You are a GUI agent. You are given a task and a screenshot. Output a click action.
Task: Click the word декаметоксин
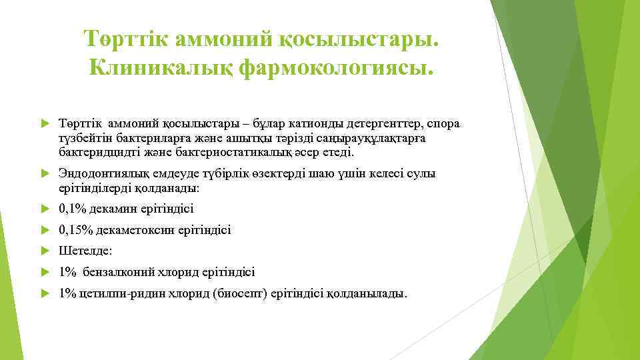(133, 230)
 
